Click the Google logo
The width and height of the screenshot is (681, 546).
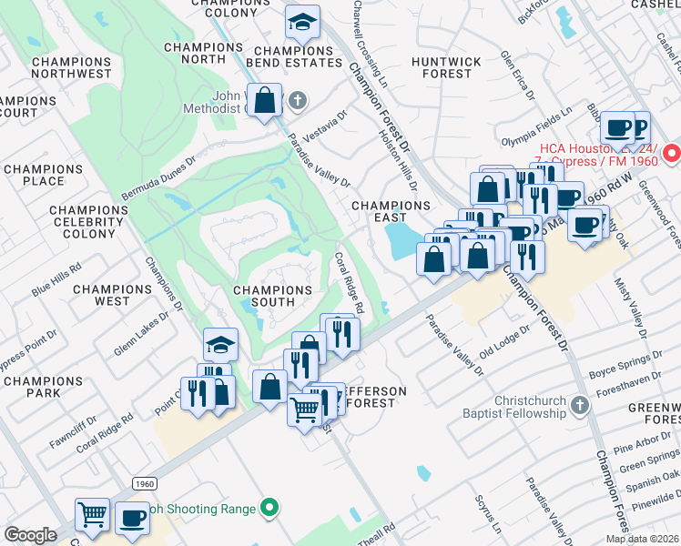tap(31, 535)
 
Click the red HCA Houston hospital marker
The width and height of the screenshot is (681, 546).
tap(672, 153)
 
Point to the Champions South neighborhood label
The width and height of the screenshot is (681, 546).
tap(272, 297)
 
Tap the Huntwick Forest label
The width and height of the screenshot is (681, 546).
tap(446, 67)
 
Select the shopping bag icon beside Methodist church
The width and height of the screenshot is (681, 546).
tap(264, 101)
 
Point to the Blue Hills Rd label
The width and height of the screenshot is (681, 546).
tap(56, 279)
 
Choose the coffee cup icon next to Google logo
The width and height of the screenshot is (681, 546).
tap(133, 518)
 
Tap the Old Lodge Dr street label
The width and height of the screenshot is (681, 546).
tap(504, 340)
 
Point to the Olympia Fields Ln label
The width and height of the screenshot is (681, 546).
tap(537, 126)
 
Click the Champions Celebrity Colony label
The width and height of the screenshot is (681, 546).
tap(89, 222)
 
